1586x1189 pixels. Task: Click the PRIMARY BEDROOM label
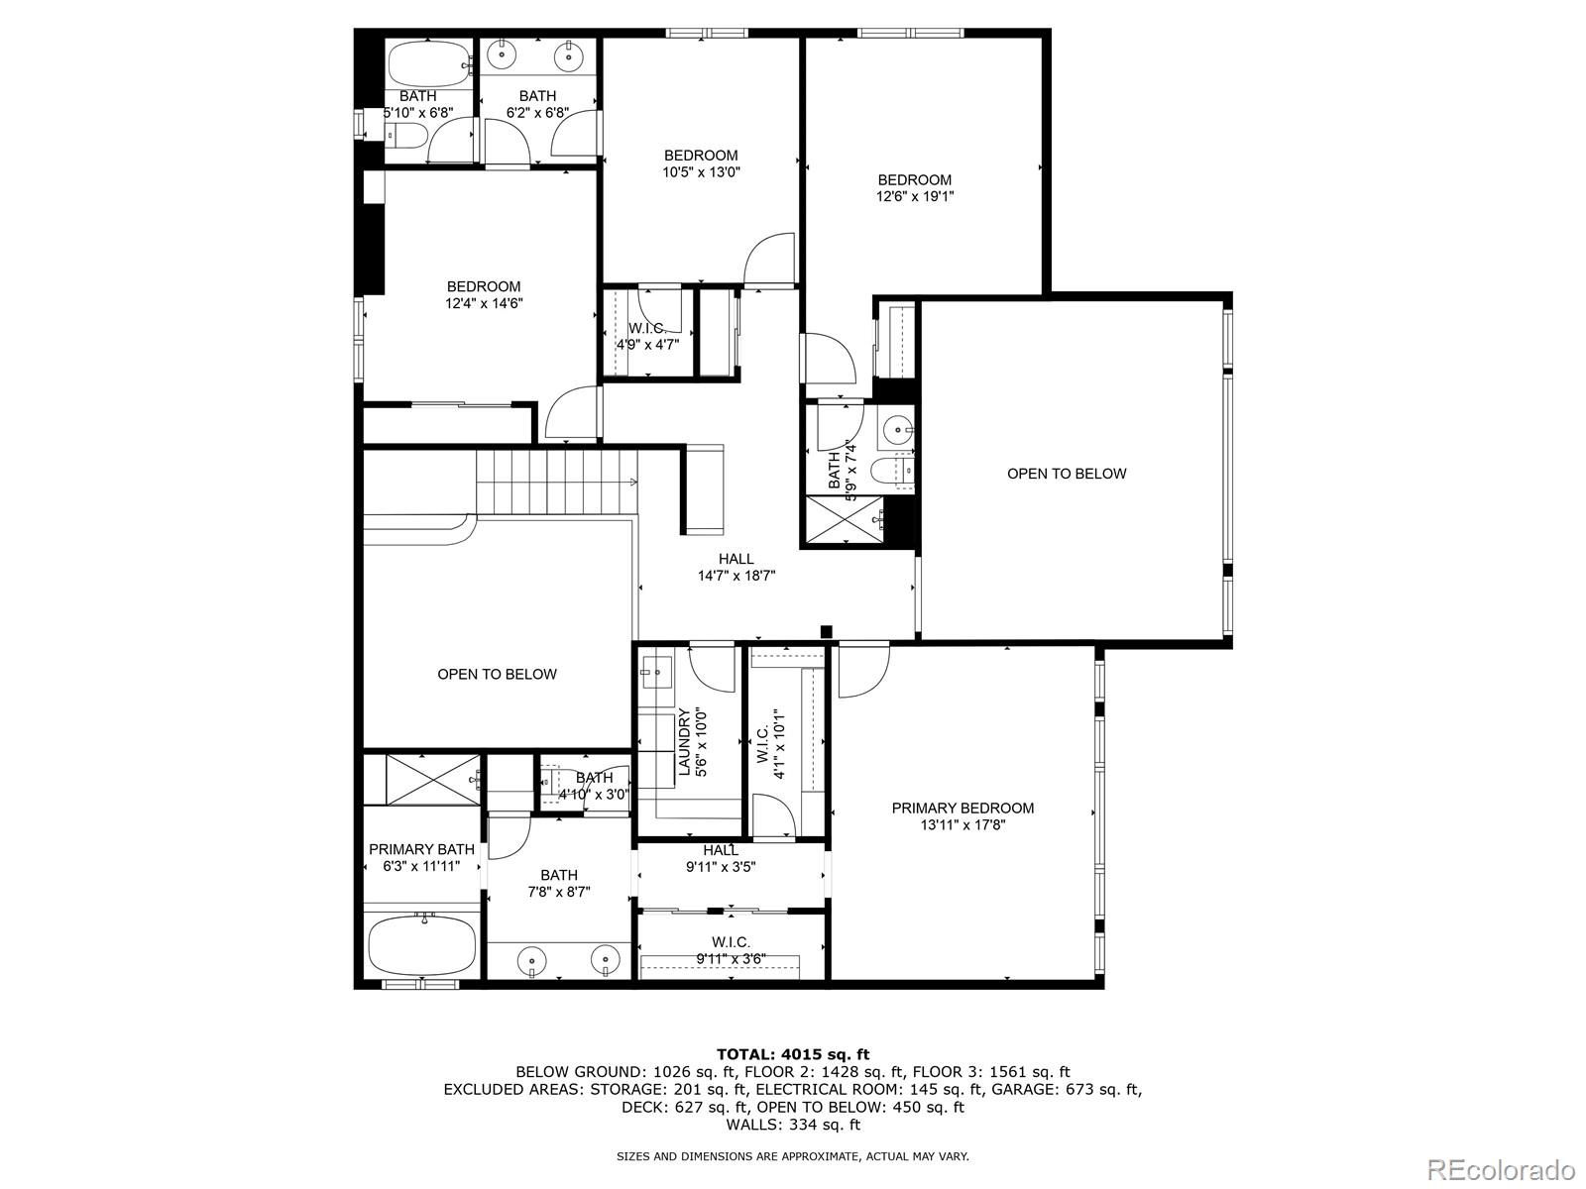pos(962,808)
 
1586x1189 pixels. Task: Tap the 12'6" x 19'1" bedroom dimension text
pos(914,196)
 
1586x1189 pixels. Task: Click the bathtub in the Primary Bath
pos(421,946)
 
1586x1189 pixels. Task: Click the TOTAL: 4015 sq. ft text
pos(792,1054)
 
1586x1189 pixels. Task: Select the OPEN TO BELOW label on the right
pos(1067,474)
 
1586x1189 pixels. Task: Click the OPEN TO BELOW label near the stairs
pos(497,674)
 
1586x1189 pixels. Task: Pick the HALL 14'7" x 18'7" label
pos(736,567)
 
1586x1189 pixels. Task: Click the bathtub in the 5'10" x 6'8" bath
pos(426,65)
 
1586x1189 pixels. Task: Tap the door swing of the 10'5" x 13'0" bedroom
pos(768,260)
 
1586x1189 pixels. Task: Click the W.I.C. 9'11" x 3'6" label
pos(731,949)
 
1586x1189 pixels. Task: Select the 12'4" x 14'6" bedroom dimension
pos(483,303)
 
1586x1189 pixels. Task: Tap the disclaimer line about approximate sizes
pos(792,1155)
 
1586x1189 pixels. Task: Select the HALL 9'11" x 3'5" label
pos(721,858)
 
